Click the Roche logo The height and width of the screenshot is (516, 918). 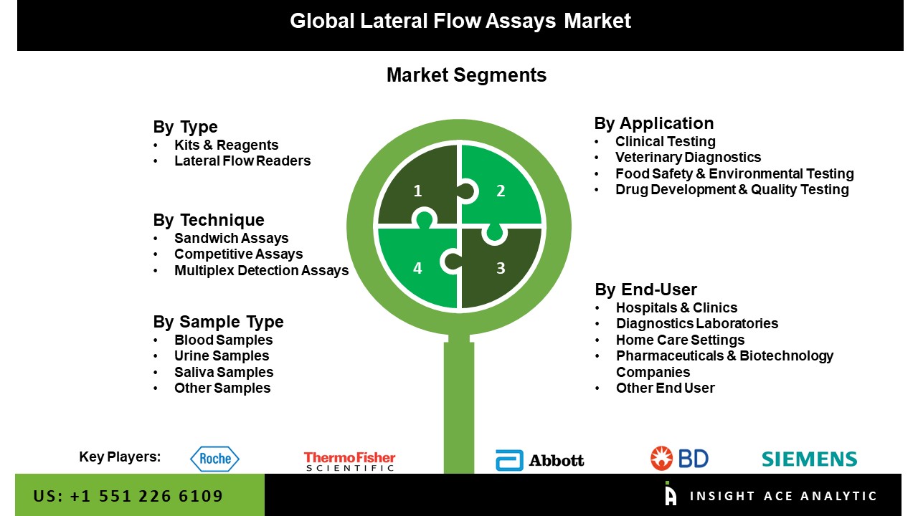click(x=214, y=459)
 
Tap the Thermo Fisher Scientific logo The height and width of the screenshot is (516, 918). click(x=349, y=461)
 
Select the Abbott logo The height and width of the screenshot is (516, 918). click(x=540, y=460)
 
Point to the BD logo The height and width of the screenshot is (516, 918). click(x=679, y=458)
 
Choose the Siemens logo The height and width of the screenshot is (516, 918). click(x=809, y=459)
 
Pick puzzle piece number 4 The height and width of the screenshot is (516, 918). click(x=416, y=269)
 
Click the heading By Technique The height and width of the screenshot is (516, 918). click(x=209, y=220)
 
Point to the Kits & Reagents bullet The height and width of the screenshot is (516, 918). click(x=226, y=145)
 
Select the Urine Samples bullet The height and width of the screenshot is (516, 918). click(x=222, y=355)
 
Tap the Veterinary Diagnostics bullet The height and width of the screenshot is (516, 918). click(x=688, y=157)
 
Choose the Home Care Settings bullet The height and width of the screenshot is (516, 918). click(x=680, y=340)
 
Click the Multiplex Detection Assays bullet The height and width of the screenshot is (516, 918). click(x=261, y=270)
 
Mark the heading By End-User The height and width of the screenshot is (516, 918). click(x=645, y=290)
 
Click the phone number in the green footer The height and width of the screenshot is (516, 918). click(x=128, y=496)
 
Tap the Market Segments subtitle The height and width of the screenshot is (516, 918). click(x=466, y=75)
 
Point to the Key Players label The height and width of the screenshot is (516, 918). click(x=120, y=457)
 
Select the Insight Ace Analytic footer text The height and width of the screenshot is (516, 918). click(x=783, y=496)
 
